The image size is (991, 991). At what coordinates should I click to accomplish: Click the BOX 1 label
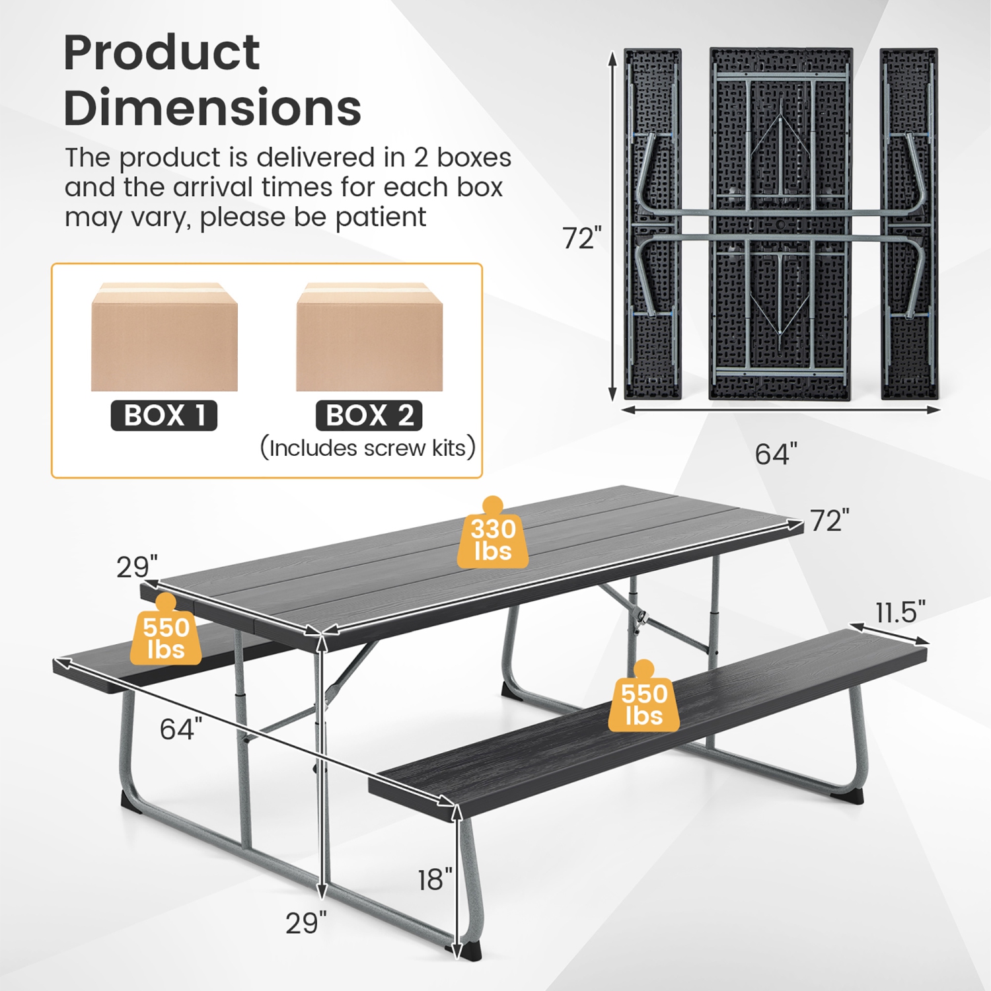164,416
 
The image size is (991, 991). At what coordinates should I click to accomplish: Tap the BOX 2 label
369,416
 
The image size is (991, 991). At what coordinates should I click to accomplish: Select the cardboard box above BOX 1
165,338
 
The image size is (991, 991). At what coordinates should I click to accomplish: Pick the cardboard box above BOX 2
369,338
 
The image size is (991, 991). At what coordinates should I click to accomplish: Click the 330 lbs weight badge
493,538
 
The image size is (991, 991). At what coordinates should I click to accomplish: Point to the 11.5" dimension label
900,612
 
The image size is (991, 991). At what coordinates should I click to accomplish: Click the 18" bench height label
435,879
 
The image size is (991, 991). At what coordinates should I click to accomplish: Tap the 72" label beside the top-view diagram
582,239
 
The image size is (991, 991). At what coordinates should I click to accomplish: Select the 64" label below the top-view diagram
776,455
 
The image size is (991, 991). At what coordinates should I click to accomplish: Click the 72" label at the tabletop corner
830,521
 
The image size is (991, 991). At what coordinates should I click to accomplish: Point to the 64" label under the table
180,729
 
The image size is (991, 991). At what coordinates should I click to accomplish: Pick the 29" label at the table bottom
306,923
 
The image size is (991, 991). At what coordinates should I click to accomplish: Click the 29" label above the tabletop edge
137,567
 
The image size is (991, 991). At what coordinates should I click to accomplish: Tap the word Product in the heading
162,52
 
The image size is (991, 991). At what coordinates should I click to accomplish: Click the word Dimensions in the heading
213,108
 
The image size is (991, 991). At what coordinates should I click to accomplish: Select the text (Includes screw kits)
368,448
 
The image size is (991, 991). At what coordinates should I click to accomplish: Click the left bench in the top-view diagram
653,223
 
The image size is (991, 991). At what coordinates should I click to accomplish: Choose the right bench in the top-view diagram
909,223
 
